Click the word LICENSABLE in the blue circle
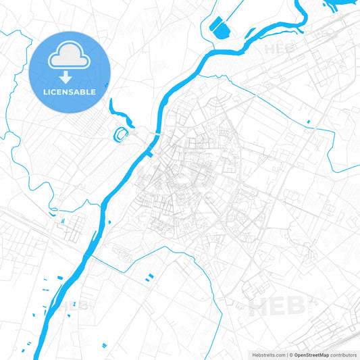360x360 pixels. coord(70,92)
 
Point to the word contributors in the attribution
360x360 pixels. coord(343,355)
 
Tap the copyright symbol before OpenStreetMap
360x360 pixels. coord(290,355)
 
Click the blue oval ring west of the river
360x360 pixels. coord(121,134)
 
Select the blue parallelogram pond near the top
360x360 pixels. coord(219,27)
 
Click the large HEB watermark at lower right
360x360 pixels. coord(278,307)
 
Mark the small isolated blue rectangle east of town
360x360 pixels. coord(308,122)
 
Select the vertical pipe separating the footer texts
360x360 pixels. coord(286,355)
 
